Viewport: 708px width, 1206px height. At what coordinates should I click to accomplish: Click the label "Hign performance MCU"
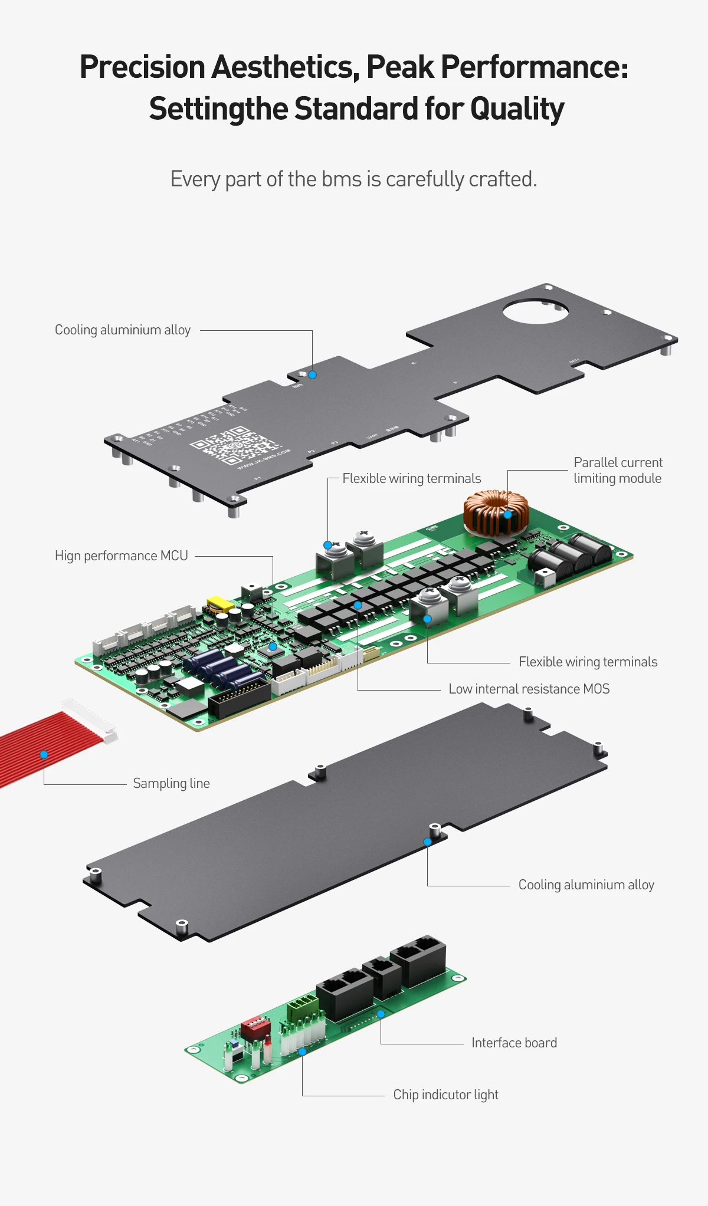[121, 556]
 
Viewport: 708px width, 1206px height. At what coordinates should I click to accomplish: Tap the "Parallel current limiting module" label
[618, 471]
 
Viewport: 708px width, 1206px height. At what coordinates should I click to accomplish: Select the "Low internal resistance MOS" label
[529, 689]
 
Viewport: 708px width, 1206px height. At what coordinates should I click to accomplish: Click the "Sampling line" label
[171, 784]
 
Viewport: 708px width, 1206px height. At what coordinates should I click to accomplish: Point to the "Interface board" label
[514, 1043]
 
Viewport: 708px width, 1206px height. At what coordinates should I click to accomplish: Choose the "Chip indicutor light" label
[445, 1095]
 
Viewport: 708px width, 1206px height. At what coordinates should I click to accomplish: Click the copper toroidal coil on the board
[496, 512]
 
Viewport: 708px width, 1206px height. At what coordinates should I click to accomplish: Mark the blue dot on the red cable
[44, 755]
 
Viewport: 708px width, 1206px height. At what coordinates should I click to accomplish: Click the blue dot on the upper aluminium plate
[313, 375]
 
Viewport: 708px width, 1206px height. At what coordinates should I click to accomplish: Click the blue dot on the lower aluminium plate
[427, 842]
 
